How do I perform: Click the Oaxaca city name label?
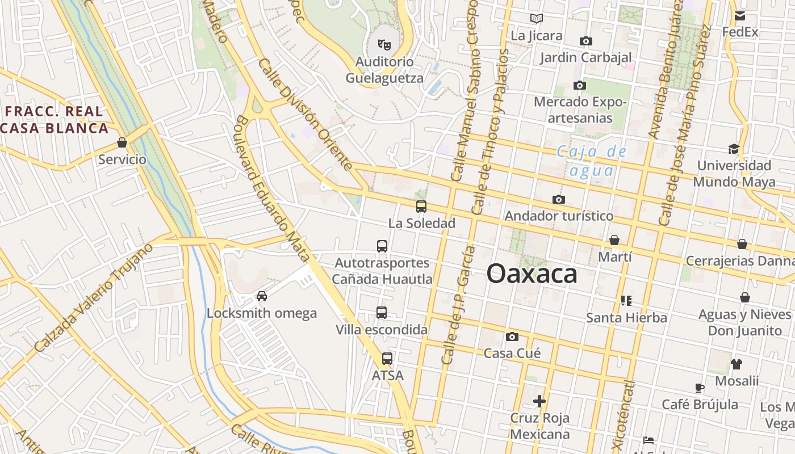532,274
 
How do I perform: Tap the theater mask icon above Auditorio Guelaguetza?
384,44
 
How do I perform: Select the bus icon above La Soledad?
421,207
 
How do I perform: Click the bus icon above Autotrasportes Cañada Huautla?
382,246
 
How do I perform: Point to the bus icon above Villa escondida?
382,313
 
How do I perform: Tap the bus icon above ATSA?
387,359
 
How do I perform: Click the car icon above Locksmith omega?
262,296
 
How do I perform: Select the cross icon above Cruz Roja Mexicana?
539,401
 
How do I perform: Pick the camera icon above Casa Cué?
512,337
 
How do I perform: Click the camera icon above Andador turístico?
559,199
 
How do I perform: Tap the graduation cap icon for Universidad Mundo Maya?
734,149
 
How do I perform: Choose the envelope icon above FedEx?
740,15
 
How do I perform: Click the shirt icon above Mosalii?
737,364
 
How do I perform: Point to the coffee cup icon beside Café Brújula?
700,388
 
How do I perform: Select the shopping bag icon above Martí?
614,240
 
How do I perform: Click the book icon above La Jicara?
537,19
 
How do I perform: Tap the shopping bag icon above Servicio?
122,142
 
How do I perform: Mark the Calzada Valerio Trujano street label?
94,298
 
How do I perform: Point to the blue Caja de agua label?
592,161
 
